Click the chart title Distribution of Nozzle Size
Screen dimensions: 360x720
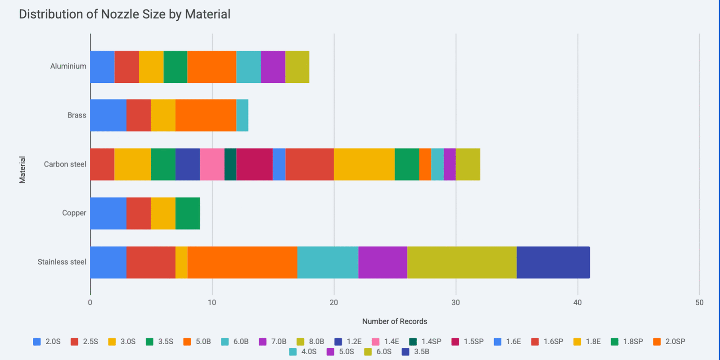(x=124, y=14)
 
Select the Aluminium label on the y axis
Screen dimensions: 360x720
(x=68, y=66)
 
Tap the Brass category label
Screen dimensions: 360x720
(x=76, y=115)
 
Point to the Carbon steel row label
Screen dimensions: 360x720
(x=65, y=164)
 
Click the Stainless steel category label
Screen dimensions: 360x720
(x=62, y=262)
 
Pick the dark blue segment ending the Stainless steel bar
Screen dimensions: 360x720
(x=553, y=262)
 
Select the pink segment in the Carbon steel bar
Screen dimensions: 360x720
(x=212, y=164)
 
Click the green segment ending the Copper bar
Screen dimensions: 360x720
(x=188, y=213)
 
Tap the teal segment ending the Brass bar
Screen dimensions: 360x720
(x=242, y=115)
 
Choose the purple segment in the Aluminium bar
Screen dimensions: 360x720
(x=273, y=67)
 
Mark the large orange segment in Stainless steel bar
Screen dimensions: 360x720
(x=242, y=262)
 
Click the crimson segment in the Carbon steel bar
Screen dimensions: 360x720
(x=254, y=164)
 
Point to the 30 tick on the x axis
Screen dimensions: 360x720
(x=455, y=302)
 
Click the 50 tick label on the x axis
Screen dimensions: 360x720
(x=699, y=302)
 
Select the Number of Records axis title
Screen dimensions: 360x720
(x=394, y=321)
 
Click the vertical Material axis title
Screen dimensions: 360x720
(x=22, y=170)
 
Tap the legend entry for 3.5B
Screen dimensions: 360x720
(x=416, y=351)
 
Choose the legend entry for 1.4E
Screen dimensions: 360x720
(x=386, y=342)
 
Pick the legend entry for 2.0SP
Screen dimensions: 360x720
(x=669, y=342)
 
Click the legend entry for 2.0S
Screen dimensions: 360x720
(x=47, y=342)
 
